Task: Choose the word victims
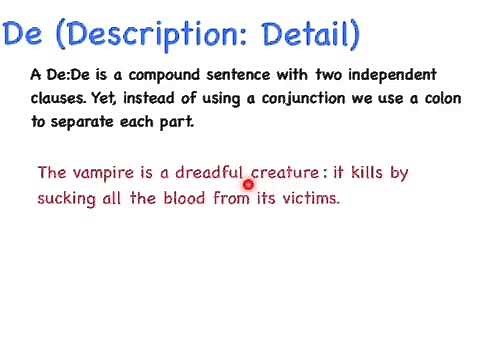(x=311, y=198)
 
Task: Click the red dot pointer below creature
(x=248, y=184)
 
